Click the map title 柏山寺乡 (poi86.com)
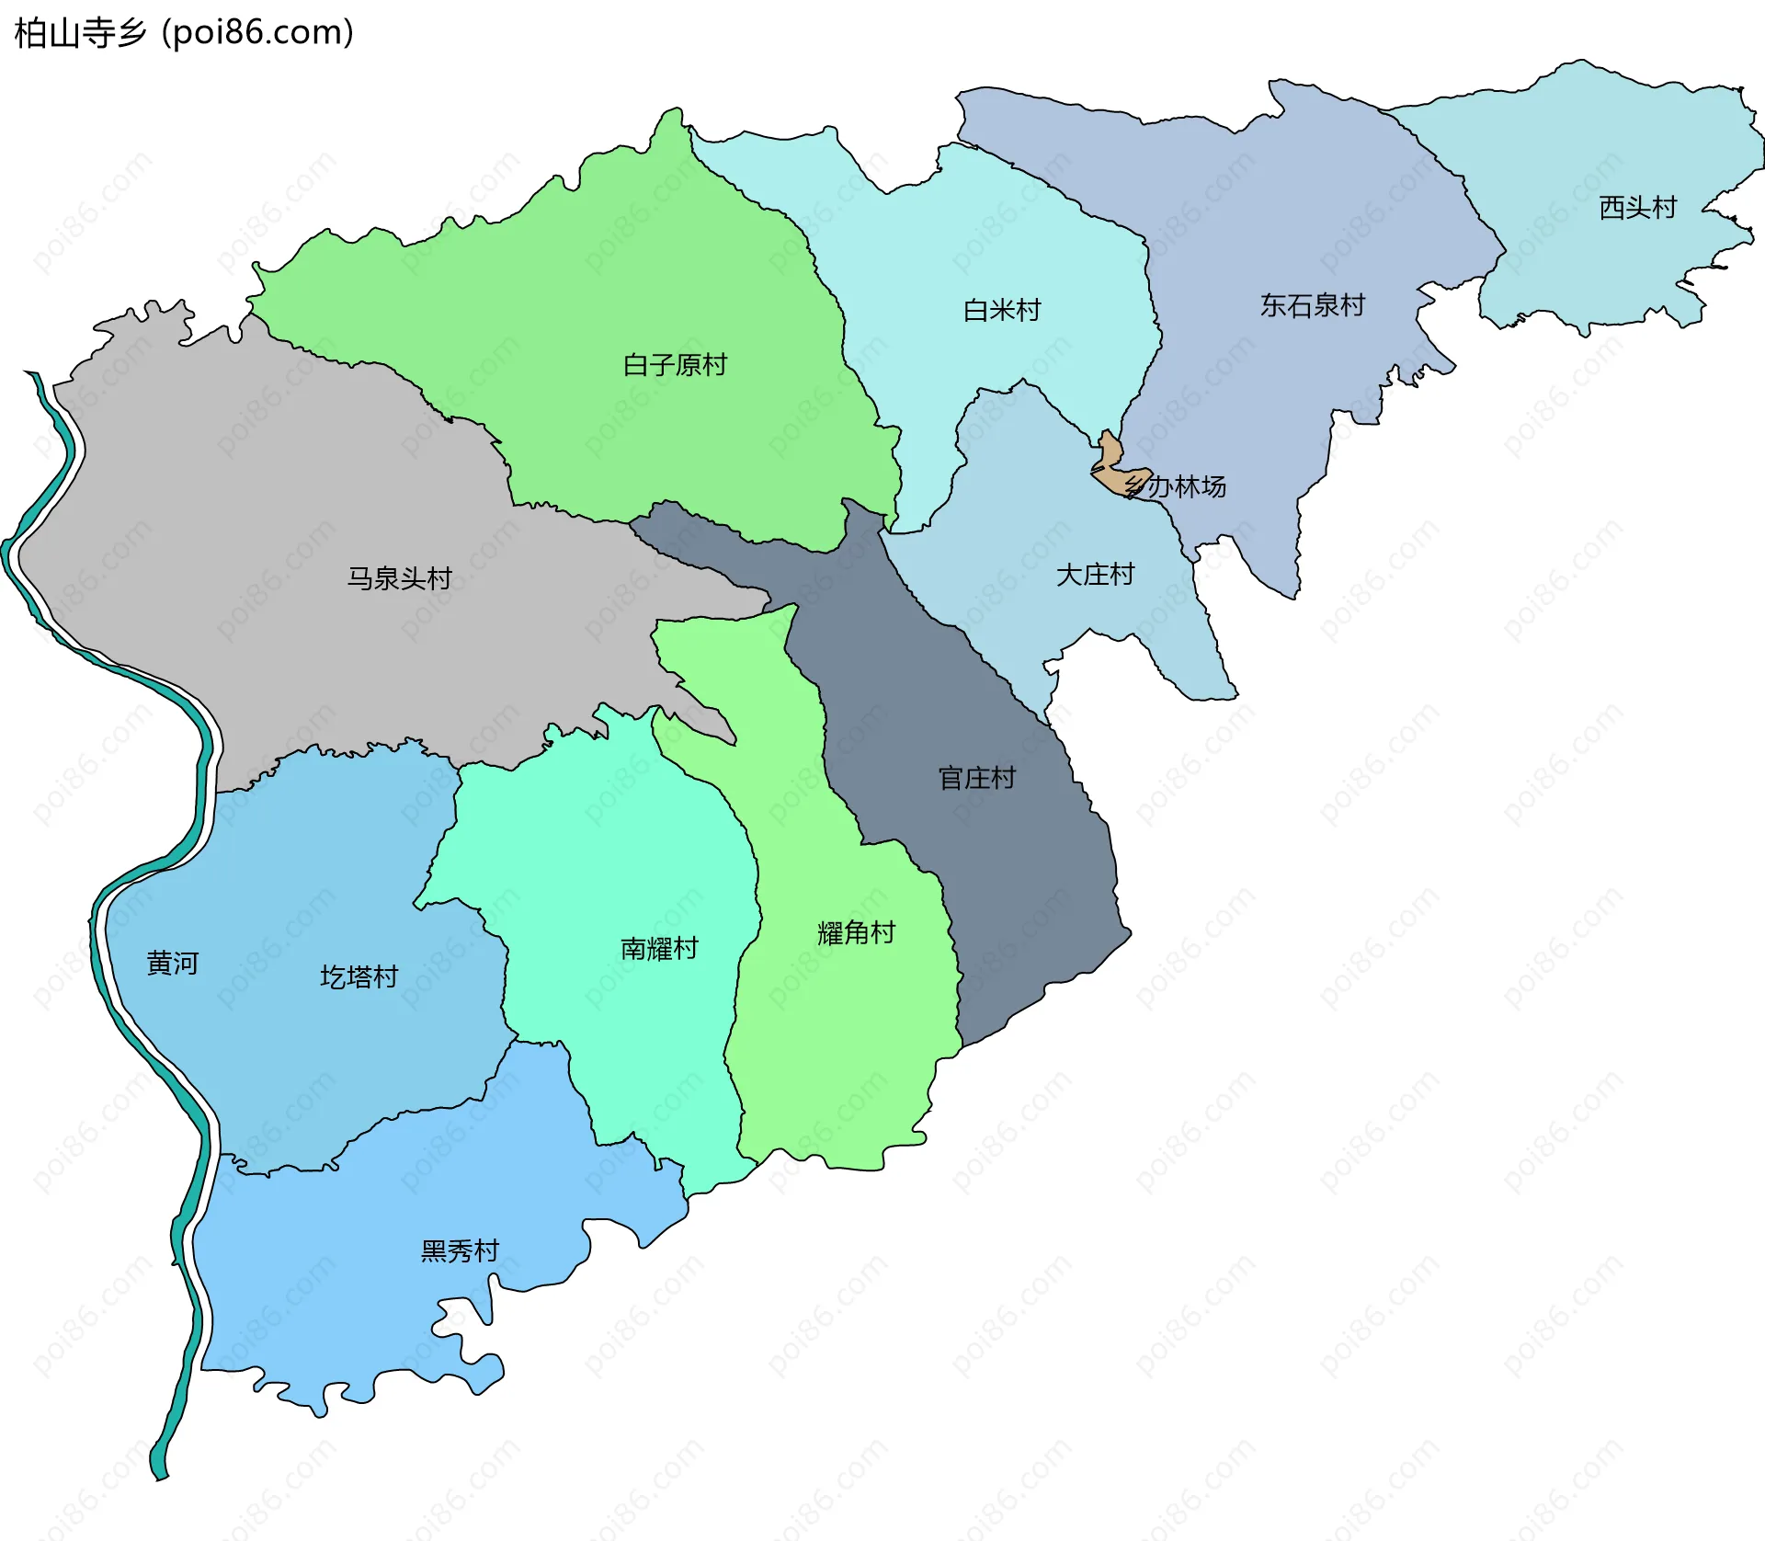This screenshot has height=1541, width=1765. click(x=184, y=33)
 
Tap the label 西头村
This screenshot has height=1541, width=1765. click(x=1638, y=208)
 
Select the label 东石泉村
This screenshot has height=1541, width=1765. click(x=1312, y=305)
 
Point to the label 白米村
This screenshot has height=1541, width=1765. click(x=1002, y=311)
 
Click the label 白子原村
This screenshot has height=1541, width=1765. click(x=675, y=366)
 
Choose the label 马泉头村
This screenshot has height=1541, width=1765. click(x=399, y=578)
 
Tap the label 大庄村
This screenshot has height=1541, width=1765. click(x=1095, y=576)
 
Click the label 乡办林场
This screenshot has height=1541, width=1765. click(x=1177, y=486)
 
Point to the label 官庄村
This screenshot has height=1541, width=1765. click(x=976, y=779)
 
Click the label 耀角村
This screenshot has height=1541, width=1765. click(x=856, y=933)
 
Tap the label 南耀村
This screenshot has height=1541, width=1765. click(x=659, y=949)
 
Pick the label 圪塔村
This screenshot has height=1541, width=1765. click(x=359, y=977)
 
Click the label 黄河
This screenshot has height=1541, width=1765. click(x=172, y=964)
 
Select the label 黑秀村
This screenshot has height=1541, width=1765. click(x=460, y=1251)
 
